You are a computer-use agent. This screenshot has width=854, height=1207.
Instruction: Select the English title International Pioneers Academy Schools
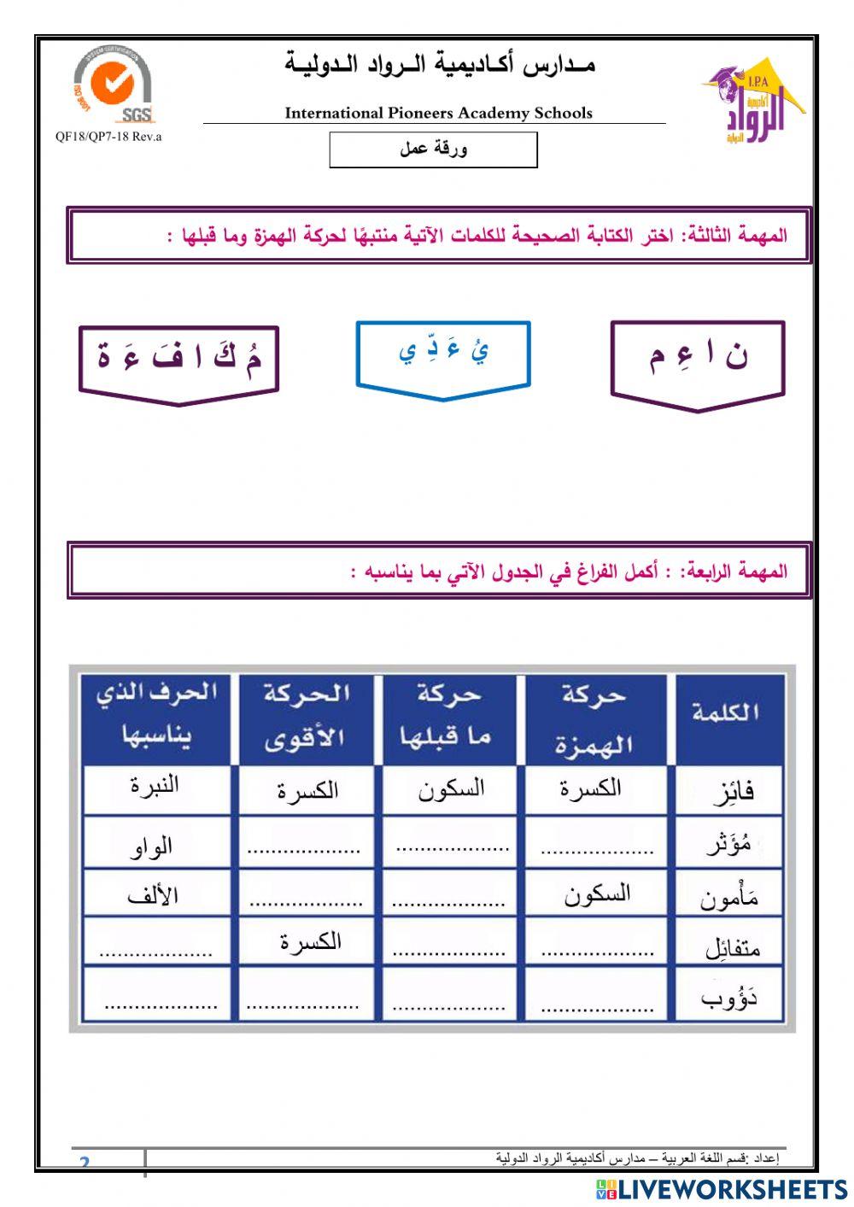click(438, 113)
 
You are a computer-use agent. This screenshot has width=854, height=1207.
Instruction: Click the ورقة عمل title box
click(433, 149)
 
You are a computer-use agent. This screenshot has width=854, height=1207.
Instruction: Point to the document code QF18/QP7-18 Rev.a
click(108, 137)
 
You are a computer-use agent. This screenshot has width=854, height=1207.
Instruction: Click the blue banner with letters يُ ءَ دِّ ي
click(443, 357)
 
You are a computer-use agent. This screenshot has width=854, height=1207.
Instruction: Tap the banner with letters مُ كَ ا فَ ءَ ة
click(178, 362)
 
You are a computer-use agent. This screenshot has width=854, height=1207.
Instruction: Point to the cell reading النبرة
click(155, 785)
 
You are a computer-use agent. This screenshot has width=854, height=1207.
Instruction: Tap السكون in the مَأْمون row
click(596, 894)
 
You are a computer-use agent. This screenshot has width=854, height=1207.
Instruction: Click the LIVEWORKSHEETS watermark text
click(722, 1189)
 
